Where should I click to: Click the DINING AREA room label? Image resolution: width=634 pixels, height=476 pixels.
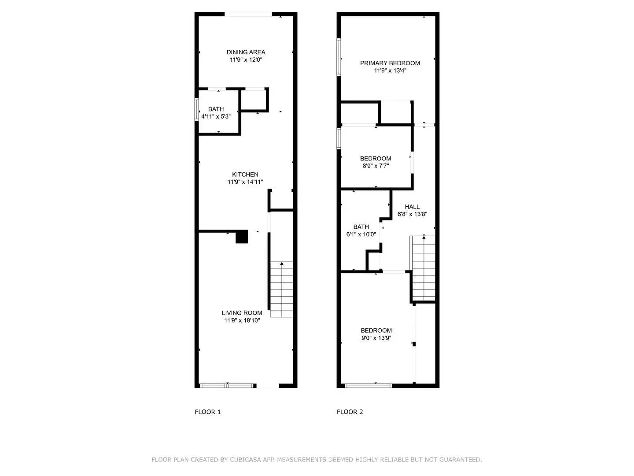tap(246, 52)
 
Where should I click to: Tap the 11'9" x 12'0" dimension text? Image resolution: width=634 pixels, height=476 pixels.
tap(246, 60)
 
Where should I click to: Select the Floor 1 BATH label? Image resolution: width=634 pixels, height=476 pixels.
tap(216, 109)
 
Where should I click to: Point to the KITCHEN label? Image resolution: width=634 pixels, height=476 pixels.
tap(245, 175)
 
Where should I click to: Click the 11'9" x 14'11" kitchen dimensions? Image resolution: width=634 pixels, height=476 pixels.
tap(245, 182)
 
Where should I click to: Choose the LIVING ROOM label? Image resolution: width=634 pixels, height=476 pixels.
tap(242, 313)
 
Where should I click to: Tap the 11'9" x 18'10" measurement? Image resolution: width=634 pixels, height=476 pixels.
tap(242, 320)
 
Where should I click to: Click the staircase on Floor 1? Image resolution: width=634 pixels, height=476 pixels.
tap(282, 290)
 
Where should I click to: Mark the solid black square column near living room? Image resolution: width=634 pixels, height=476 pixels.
tap(242, 237)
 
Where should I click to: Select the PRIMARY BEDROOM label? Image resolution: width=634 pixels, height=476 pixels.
tap(390, 63)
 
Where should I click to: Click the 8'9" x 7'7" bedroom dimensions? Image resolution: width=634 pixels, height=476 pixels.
tap(376, 166)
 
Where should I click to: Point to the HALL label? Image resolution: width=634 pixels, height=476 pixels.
tap(412, 207)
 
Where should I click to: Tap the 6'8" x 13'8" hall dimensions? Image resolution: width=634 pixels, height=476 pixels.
tap(412, 215)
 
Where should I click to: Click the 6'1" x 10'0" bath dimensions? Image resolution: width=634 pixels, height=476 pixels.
tap(361, 234)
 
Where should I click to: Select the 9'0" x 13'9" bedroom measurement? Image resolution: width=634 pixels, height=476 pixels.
tap(376, 338)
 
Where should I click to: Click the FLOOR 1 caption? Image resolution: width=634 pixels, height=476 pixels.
tap(208, 412)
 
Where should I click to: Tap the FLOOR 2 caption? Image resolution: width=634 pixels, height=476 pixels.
tap(350, 412)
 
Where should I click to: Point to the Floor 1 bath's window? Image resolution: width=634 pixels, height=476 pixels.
tap(196, 109)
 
